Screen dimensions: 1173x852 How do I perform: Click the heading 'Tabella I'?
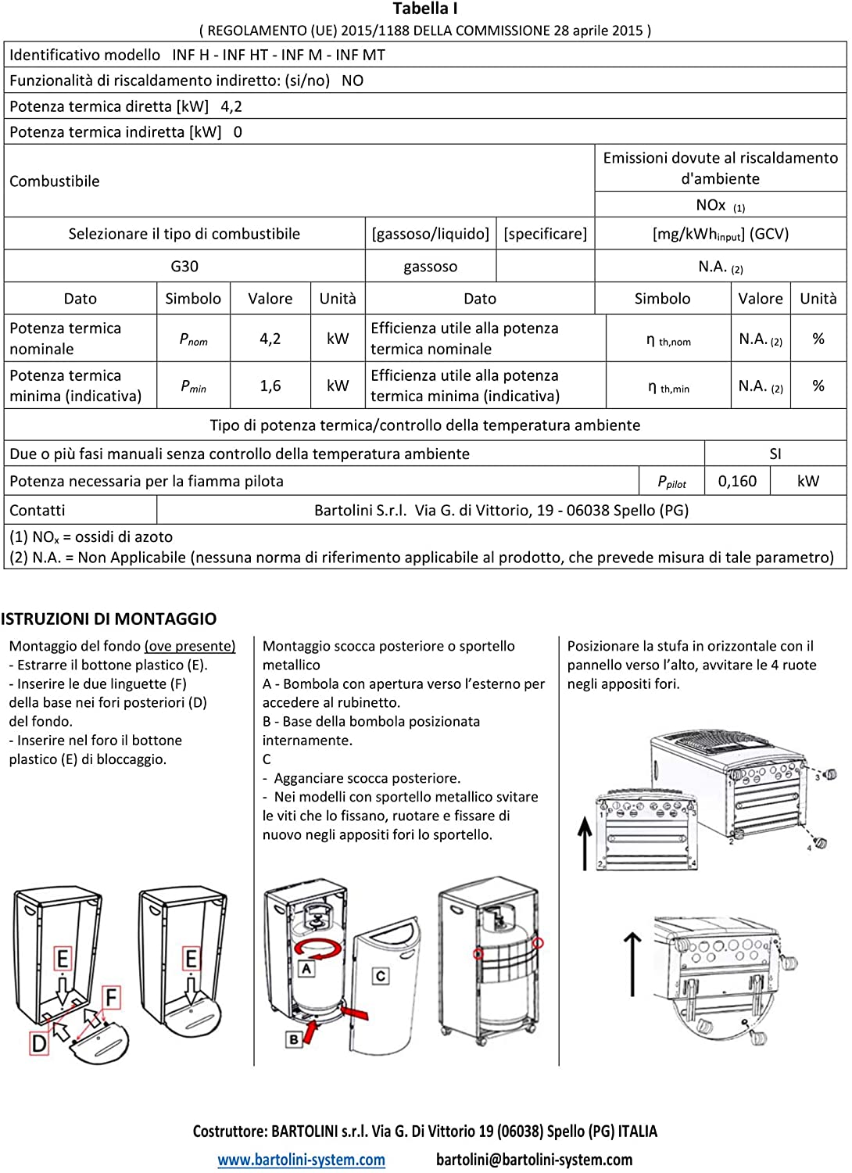tap(425, 9)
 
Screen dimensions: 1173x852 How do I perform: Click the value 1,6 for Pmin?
tap(270, 386)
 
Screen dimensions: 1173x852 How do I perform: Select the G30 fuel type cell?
tap(184, 267)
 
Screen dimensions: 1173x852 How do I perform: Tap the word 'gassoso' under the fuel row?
tap(431, 267)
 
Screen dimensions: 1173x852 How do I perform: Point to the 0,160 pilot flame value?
tap(737, 481)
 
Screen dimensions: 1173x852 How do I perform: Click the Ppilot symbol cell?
tap(672, 482)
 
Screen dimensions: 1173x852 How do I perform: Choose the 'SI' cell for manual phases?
tap(775, 454)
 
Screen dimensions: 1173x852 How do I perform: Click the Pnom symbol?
tap(193, 339)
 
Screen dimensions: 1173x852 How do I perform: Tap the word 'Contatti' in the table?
tap(38, 511)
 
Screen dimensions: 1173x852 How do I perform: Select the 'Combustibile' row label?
tap(55, 181)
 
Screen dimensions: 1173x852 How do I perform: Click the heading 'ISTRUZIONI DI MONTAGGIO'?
tap(109, 619)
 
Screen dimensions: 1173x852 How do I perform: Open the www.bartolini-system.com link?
tap(301, 1160)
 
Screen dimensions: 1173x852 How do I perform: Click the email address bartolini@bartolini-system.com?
tap(535, 1160)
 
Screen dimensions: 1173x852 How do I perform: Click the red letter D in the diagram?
tap(38, 1042)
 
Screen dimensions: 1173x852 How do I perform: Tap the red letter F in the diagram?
tap(112, 998)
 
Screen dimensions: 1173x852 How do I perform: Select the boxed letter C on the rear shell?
tap(381, 976)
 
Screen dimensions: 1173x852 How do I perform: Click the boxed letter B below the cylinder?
tap(294, 1039)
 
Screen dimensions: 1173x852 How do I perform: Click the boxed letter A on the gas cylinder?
tap(306, 968)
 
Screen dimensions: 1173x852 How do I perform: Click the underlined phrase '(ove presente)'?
tap(190, 646)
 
